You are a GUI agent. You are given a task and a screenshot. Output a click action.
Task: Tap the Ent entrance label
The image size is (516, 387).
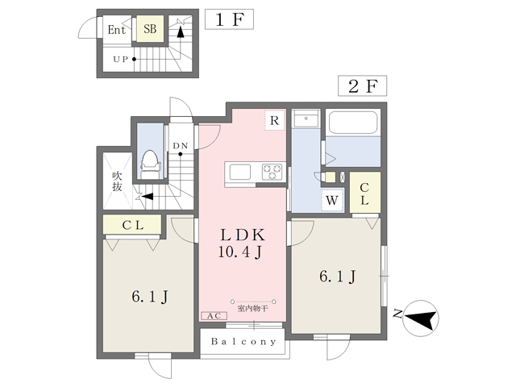117,30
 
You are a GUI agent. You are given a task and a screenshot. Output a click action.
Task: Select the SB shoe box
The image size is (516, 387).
150,29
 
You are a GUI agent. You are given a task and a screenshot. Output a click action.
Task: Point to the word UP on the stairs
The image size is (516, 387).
121,59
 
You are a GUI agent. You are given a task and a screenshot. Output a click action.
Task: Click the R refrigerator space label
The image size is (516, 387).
275,122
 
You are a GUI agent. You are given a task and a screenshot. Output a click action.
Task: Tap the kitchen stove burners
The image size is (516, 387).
272,172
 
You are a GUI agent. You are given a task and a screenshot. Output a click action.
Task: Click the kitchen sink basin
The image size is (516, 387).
241,172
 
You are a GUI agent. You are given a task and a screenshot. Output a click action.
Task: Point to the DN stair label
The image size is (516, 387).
181,146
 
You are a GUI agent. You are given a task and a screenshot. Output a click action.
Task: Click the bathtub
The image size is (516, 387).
354,123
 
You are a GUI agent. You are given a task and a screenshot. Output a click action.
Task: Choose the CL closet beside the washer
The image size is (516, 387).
364,193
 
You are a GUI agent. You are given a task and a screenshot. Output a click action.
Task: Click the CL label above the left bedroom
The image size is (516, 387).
132,225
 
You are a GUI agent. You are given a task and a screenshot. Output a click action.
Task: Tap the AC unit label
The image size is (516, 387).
214,317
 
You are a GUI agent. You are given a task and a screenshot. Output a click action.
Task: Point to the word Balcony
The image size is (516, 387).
243,341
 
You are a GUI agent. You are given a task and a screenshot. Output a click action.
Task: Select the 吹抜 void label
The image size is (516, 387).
116,181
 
